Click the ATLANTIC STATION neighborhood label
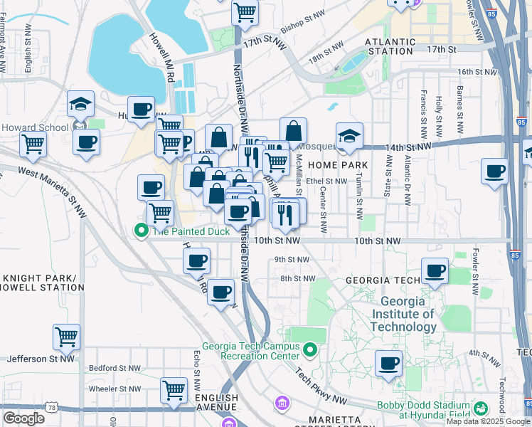390,46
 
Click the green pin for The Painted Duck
141,230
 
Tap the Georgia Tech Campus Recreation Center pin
309,349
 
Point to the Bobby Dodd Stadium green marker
482,408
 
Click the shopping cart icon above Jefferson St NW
66,337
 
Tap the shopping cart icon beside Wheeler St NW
174,390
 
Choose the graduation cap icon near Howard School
81,104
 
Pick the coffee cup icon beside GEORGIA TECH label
435,270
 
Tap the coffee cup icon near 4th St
388,363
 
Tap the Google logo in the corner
24,418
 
